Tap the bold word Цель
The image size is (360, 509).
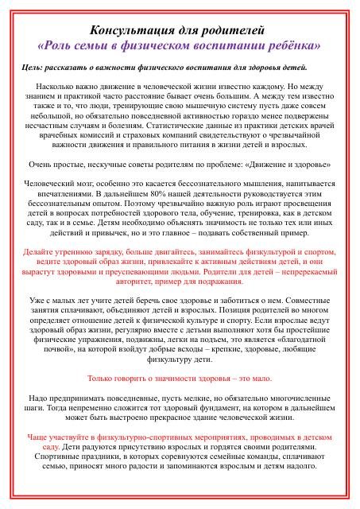pyautogui.click(x=36, y=68)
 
